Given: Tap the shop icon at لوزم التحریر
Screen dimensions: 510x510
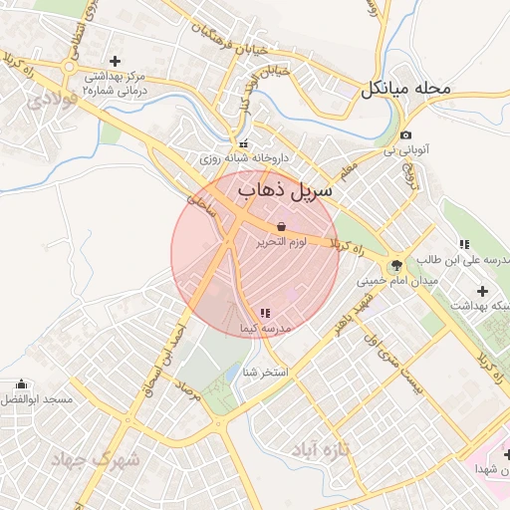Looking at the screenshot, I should [282, 226].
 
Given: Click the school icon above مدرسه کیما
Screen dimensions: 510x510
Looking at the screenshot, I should [265, 313].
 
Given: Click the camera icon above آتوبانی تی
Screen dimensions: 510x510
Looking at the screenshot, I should [405, 135].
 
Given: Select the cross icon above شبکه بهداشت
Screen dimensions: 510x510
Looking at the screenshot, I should [483, 291].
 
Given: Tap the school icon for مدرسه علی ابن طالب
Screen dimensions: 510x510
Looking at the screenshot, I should [464, 244].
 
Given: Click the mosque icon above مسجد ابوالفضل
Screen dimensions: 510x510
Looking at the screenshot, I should [21, 384].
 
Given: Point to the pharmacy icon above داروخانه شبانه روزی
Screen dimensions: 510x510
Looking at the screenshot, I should [245, 142].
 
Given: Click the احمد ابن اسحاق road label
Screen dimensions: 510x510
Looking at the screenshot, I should [166, 345].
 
